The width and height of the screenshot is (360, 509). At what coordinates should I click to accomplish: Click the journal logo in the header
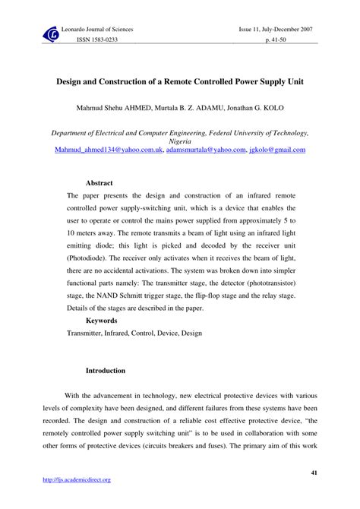52,33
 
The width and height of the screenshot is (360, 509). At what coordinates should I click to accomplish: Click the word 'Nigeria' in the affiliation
179,141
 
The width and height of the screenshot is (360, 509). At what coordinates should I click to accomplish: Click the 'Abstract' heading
99,183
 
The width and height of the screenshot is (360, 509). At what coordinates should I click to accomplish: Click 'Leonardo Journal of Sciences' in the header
96,30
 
